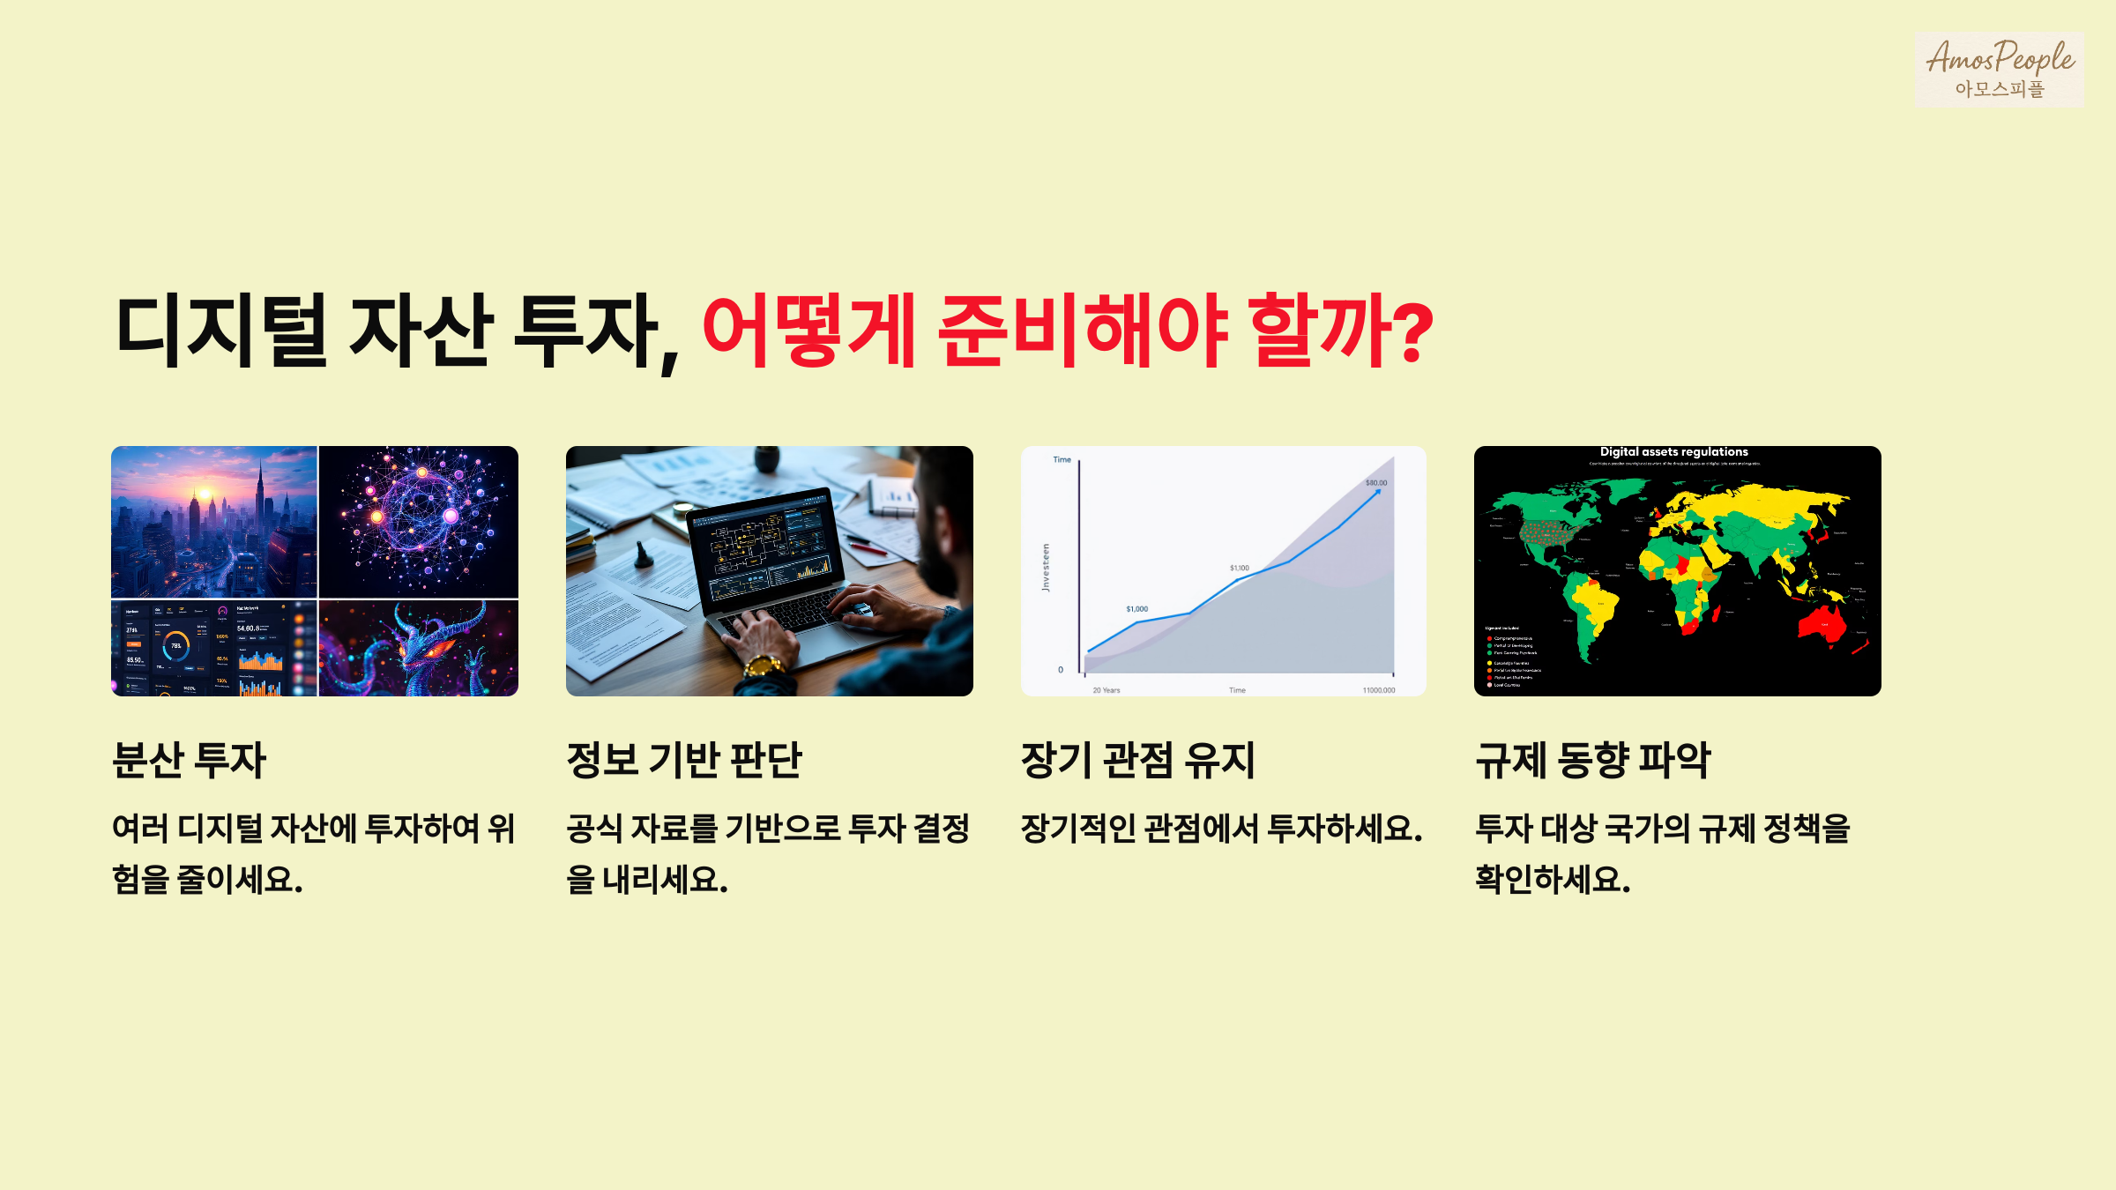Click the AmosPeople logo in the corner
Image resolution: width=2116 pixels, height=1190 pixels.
1999,69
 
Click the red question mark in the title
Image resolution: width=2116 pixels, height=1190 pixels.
1414,331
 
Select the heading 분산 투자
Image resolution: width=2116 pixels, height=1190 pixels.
189,760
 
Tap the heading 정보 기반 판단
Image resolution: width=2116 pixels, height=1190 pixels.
683,760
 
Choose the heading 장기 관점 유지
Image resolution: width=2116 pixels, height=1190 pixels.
1137,760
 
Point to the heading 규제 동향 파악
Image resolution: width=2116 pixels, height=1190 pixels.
1592,760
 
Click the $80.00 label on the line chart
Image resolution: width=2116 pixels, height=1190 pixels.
1375,483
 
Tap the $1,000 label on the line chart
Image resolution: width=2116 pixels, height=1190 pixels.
1136,609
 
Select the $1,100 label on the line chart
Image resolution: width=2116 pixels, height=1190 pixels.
1239,569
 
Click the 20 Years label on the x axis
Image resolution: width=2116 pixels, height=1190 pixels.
1106,690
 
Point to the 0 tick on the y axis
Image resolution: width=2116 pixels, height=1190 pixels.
1061,670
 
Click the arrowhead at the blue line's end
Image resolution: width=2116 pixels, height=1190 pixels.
1378,492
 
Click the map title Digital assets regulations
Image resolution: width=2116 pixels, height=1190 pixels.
1673,452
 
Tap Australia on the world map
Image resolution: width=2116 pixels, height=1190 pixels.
1822,622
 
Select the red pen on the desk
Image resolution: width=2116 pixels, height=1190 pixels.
867,546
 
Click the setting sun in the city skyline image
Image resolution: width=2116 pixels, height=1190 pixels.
204,494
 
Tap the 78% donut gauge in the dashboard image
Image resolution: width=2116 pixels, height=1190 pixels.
176,646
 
